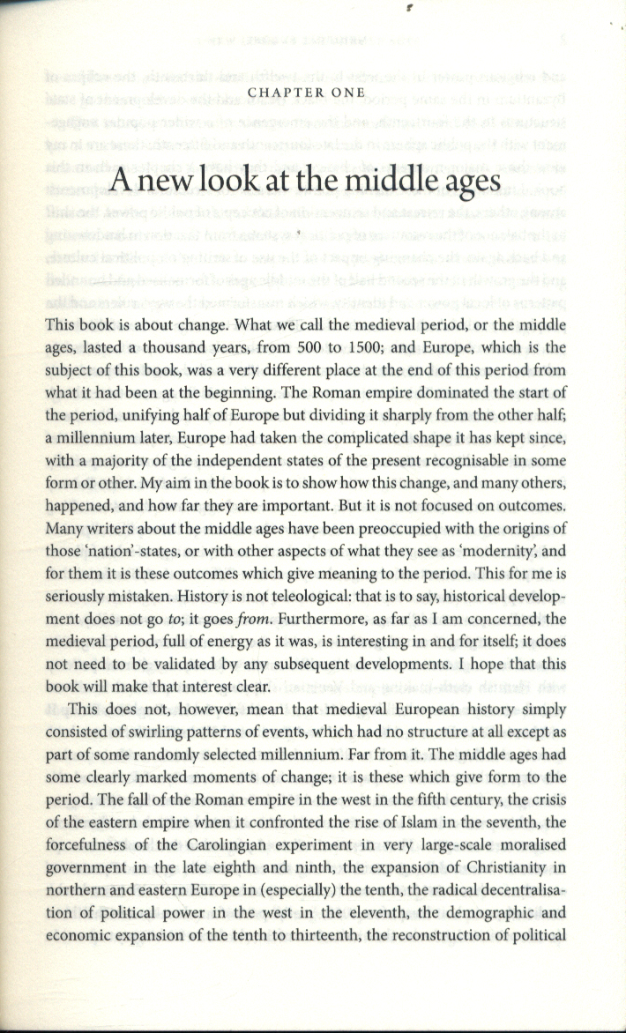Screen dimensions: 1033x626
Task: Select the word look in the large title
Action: pos(250,182)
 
